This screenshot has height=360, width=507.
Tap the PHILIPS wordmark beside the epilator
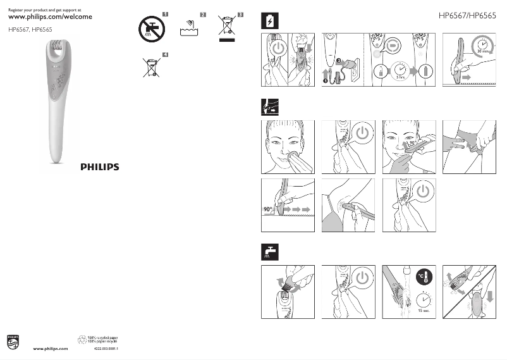[99, 168]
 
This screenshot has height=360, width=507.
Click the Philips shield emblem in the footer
[13, 342]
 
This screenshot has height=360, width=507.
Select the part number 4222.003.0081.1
[106, 349]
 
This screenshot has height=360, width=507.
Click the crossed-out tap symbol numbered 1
[152, 27]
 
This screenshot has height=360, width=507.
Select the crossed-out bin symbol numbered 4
[152, 66]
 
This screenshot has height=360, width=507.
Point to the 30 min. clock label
[486, 49]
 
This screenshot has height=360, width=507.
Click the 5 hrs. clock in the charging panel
[400, 70]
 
